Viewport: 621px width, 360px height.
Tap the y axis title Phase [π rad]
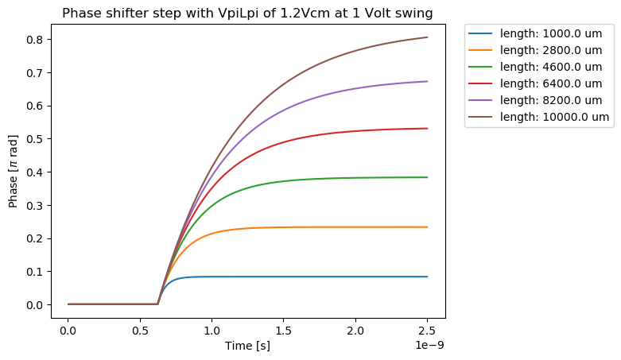click(13, 172)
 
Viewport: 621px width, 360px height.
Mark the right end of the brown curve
click(428, 37)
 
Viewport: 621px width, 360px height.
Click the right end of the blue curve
click(428, 277)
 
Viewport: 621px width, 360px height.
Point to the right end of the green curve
click(428, 177)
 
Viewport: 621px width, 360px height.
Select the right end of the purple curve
click(428, 81)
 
